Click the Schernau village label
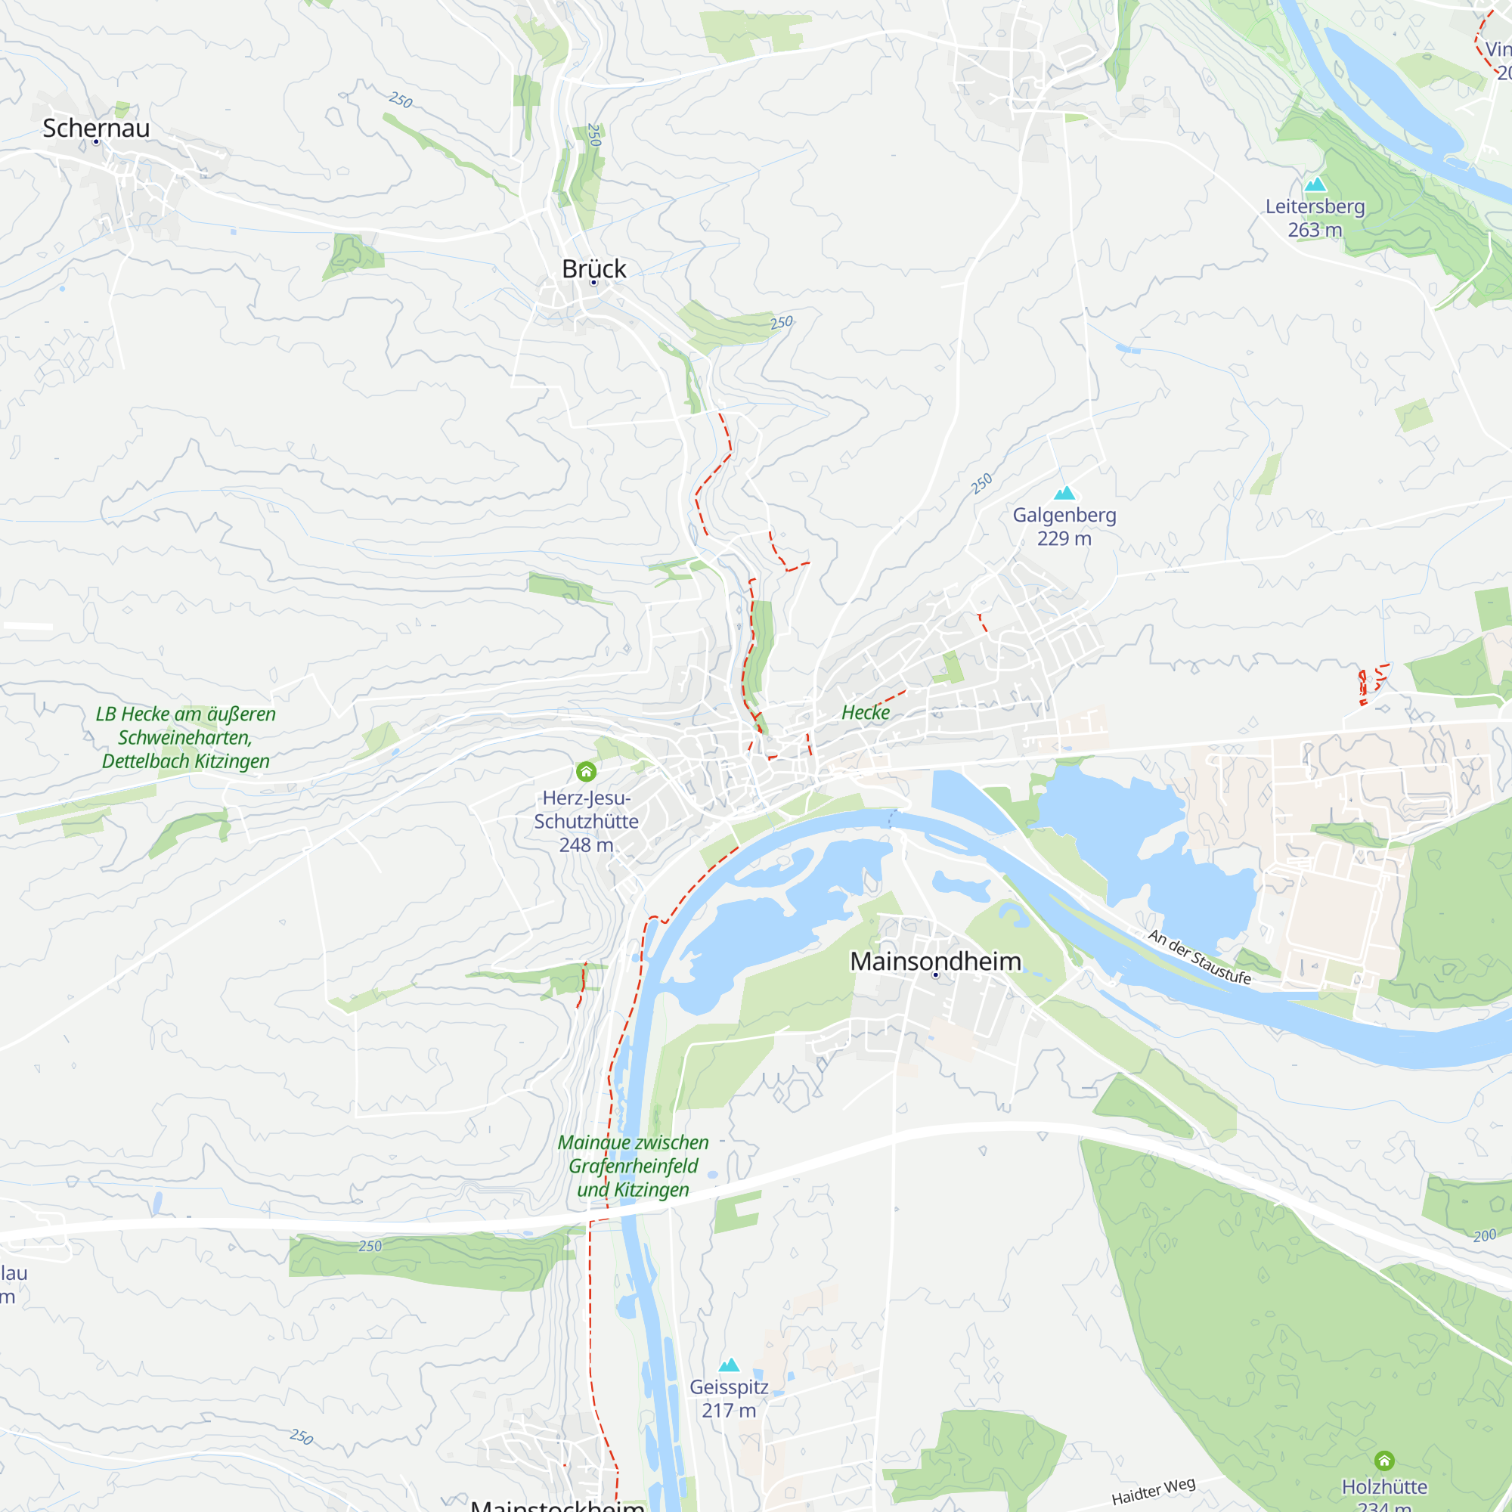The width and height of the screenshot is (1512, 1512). [x=95, y=128]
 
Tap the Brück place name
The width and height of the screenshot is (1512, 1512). [x=594, y=268]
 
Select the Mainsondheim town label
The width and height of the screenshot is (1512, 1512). [x=935, y=961]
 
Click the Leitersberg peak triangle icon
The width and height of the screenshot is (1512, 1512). [x=1315, y=184]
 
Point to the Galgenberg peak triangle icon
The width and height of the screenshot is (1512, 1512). [x=1064, y=493]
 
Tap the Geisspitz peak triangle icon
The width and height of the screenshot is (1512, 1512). [x=730, y=1365]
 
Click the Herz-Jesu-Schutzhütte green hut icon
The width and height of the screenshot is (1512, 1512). [x=586, y=772]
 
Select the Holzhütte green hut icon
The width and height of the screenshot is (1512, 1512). [x=1384, y=1461]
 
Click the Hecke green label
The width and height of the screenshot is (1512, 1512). [x=866, y=712]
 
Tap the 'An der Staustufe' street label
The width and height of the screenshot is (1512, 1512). [x=1199, y=956]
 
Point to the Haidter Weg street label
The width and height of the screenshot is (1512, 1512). [x=1154, y=1491]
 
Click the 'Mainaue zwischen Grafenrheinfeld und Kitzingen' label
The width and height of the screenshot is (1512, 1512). [x=633, y=1166]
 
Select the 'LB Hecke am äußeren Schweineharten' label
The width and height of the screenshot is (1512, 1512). [x=185, y=737]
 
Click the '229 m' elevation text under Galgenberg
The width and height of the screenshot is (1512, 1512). [x=1064, y=538]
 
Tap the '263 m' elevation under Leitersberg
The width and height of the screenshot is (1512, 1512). [x=1315, y=230]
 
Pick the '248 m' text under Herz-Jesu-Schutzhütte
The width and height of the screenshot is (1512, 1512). [x=586, y=845]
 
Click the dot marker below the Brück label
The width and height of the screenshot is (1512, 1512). [x=594, y=283]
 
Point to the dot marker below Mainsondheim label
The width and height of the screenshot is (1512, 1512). [x=935, y=975]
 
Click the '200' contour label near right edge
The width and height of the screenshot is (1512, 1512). [x=1485, y=1236]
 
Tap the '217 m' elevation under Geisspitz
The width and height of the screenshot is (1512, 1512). [x=729, y=1410]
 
